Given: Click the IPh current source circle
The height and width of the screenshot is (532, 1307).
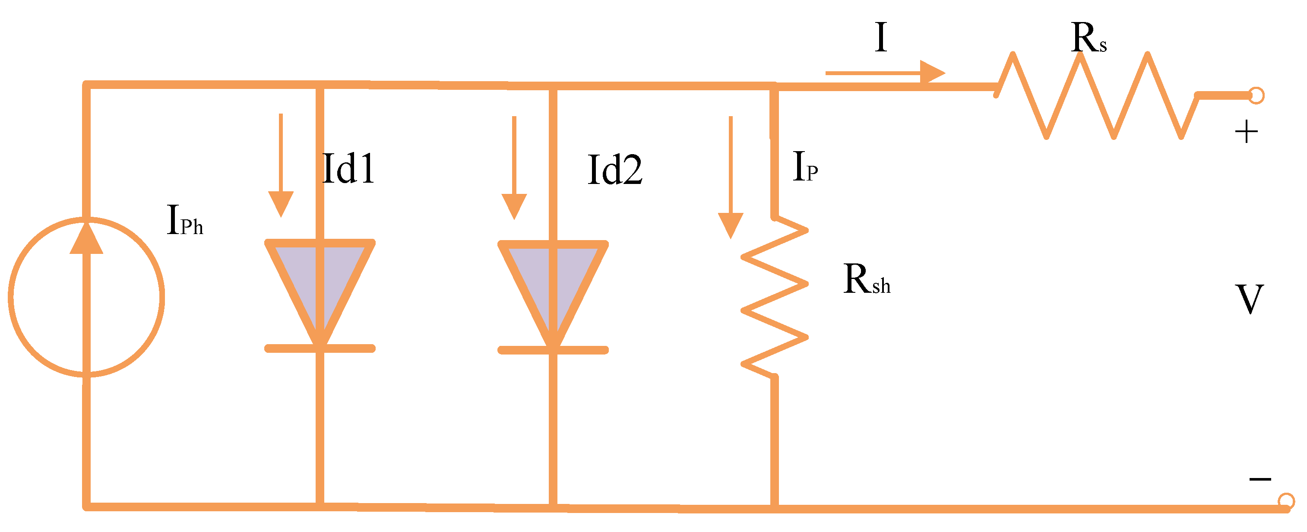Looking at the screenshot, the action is [x=10, y=297].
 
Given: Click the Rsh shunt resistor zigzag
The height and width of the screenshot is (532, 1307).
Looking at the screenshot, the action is [x=775, y=297].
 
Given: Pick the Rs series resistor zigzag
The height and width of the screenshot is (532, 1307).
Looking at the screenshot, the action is [x=1097, y=95].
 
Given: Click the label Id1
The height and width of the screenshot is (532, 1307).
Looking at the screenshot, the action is [x=348, y=168].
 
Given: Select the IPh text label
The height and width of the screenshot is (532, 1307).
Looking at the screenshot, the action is [x=185, y=220].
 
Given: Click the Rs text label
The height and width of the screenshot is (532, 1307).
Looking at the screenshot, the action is [x=1089, y=38].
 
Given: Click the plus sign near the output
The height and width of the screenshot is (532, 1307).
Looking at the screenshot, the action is [x=1246, y=133].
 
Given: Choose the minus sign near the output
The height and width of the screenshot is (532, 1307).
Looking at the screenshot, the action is [x=1260, y=479].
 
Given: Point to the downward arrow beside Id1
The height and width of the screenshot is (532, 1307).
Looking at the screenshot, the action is [x=281, y=165].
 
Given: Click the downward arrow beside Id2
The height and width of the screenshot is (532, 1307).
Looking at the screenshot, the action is [x=514, y=168].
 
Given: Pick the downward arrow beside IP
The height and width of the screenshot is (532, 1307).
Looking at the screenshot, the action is [x=731, y=177].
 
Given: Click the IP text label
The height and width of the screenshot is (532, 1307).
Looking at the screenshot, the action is [x=805, y=167].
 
